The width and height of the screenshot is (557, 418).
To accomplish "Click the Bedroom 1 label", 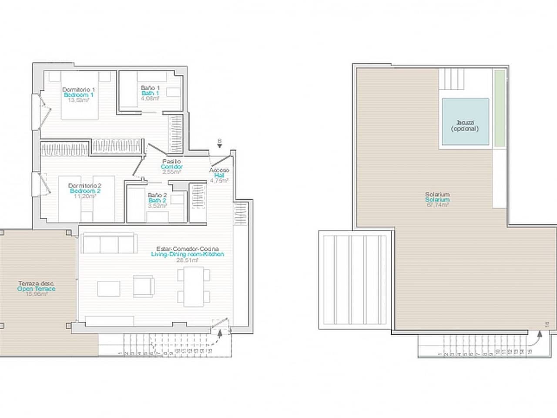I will click(x=78, y=94).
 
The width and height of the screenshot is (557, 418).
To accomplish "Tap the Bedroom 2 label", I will click(x=85, y=191).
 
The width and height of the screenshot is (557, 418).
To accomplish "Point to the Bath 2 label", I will click(x=157, y=200).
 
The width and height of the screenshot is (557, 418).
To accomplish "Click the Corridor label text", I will click(x=171, y=167).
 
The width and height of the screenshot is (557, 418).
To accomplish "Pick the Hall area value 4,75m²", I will click(x=219, y=180).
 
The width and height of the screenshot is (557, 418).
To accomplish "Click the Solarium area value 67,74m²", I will click(x=438, y=205).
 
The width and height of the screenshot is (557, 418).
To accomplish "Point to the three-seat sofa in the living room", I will click(x=108, y=243).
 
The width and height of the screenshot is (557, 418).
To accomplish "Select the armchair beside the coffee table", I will click(x=144, y=287).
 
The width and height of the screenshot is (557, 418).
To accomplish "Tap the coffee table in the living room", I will click(x=109, y=289).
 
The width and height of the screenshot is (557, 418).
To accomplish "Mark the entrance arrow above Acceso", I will click(x=220, y=147).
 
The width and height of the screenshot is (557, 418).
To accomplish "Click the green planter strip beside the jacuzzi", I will click(x=499, y=108).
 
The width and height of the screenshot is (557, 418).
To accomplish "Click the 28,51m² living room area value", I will click(x=187, y=260).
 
